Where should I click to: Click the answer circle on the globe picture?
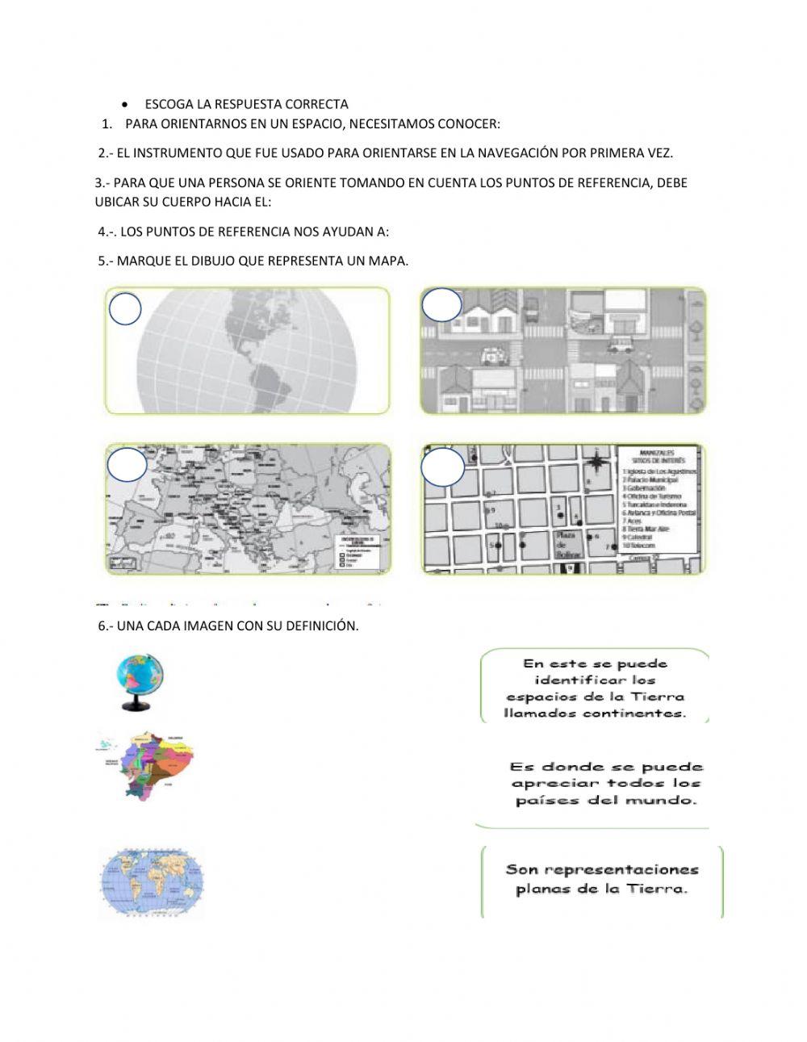pos(124,309)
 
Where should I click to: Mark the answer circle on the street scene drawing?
pos(441,305)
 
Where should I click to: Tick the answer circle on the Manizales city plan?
pos(443,467)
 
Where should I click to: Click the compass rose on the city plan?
pos(596,462)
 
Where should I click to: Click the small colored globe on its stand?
pos(139,683)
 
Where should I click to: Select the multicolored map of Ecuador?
pos(147,765)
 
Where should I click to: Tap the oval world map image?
pos(151,882)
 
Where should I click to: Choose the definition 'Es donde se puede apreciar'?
pos(605,784)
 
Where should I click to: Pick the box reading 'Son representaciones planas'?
pos(602,880)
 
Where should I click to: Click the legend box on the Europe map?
pos(358,554)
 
